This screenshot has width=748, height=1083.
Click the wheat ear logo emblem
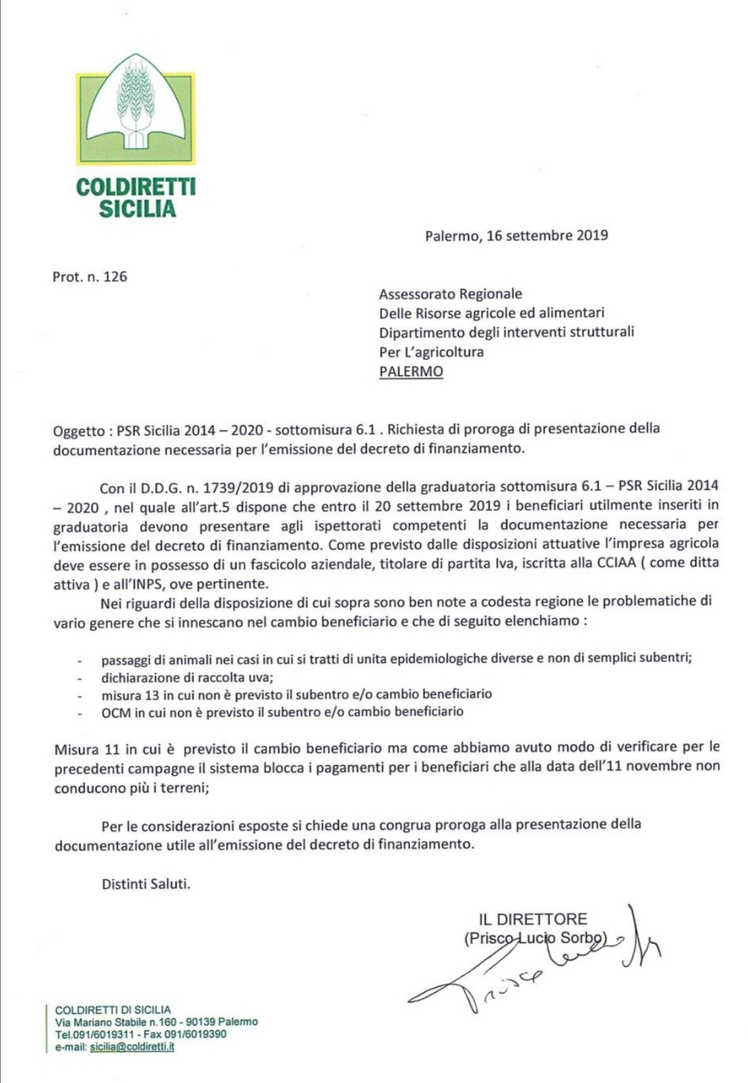coord(135,109)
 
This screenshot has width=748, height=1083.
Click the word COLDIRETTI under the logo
coord(136,187)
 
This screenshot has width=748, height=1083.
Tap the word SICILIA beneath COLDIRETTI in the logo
coord(137,209)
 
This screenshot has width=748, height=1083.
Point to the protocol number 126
coord(115,276)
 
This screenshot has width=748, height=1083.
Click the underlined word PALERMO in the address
coord(411,371)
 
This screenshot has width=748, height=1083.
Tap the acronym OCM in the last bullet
coord(115,712)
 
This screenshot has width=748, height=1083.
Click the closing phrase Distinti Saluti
coord(145,884)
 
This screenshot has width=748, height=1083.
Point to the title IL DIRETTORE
coord(533,919)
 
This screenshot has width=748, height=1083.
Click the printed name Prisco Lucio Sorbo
coord(535,939)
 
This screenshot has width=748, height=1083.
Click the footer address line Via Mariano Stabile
coord(156,1022)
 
